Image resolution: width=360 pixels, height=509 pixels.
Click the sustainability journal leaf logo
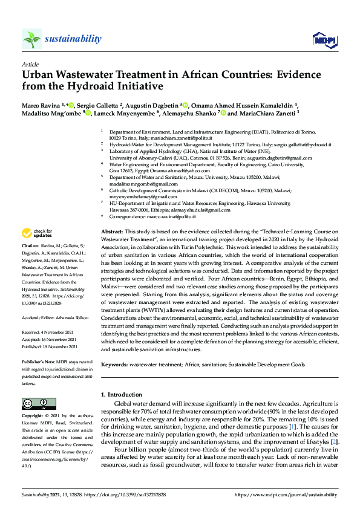click(32, 39)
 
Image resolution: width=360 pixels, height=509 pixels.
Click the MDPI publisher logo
click(324, 40)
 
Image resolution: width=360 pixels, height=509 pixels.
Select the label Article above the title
click(30, 64)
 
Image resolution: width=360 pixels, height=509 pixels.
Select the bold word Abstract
click(111, 232)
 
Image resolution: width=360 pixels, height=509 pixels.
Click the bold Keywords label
click(114, 365)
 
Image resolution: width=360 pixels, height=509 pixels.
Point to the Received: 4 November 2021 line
click(48, 331)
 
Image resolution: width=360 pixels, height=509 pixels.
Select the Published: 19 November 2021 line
click(50, 346)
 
